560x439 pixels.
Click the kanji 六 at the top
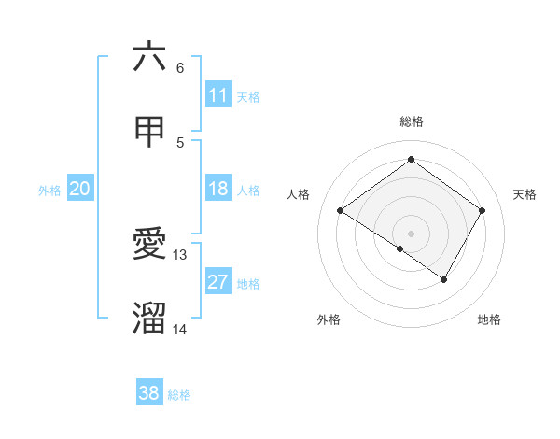click(x=149, y=57)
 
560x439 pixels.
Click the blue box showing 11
click(x=218, y=95)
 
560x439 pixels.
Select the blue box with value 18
click(x=218, y=190)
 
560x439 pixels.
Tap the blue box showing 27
click(x=218, y=283)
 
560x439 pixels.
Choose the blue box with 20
click(x=80, y=190)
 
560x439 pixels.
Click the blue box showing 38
click(x=149, y=393)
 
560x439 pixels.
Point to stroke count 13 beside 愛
click(x=180, y=254)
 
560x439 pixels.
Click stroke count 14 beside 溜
click(x=180, y=329)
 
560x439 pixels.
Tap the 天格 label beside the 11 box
click(x=248, y=96)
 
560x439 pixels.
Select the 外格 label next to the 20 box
click(x=49, y=191)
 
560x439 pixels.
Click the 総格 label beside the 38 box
click(x=179, y=395)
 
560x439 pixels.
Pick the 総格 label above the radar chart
click(x=411, y=121)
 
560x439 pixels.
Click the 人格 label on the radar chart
click(x=299, y=194)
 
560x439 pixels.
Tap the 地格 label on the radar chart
click(x=489, y=319)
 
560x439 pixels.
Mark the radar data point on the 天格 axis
click(x=482, y=210)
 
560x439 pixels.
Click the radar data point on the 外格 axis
click(x=400, y=248)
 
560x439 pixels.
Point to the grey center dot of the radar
click(x=411, y=233)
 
